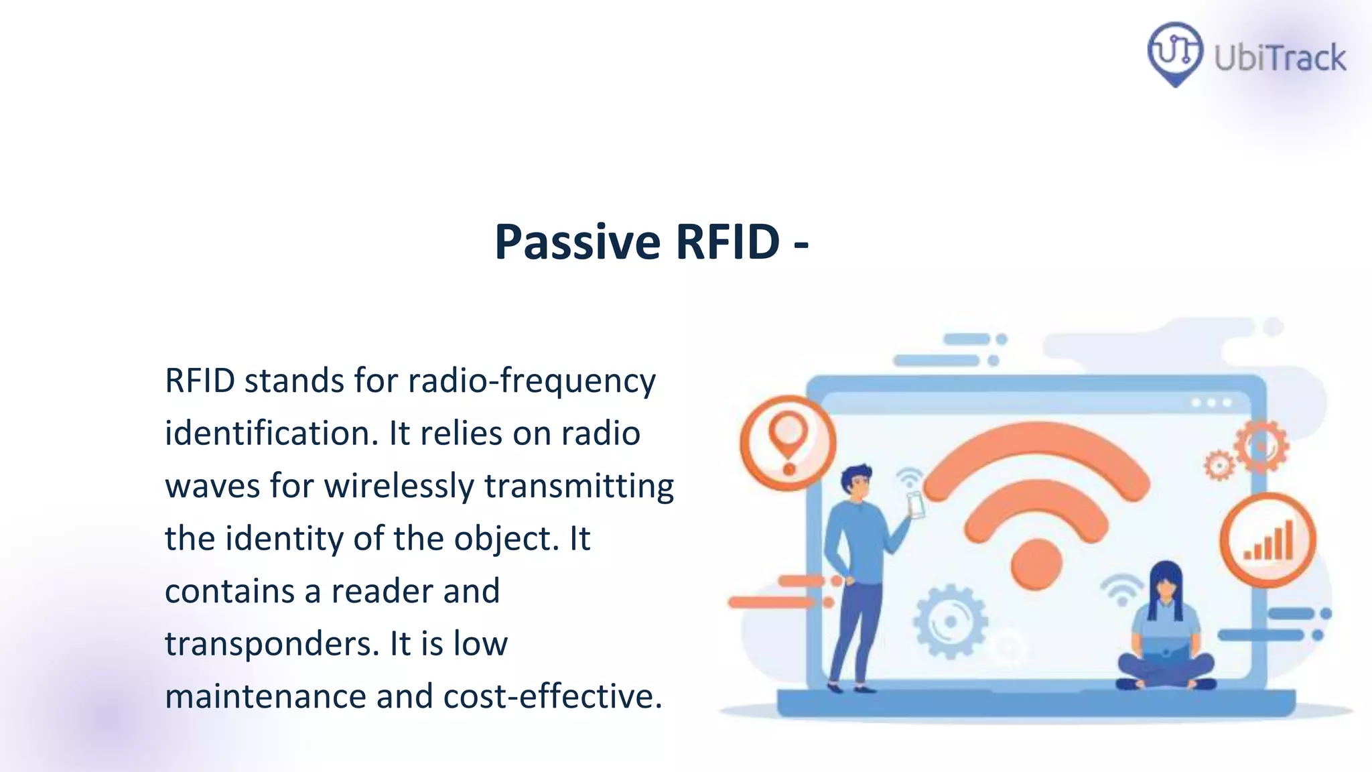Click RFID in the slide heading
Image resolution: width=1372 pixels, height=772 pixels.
point(728,242)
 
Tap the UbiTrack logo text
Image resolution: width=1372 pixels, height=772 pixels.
point(1280,58)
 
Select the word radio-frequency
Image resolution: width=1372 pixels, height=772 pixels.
point(532,381)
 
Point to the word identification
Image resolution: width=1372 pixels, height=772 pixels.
point(271,433)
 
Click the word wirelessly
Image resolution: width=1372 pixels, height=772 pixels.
point(399,486)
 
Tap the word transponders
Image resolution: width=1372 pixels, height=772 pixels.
point(271,643)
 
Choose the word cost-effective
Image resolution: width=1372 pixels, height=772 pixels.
point(552,696)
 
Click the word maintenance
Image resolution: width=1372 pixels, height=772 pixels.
point(265,696)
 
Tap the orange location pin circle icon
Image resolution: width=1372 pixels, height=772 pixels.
point(788,443)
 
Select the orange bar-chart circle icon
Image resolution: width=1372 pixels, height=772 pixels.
point(1267,540)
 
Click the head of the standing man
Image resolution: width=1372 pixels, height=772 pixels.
point(856,481)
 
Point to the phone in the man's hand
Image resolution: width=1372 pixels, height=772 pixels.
point(915,504)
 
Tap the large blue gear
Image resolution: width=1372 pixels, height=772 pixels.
point(950,621)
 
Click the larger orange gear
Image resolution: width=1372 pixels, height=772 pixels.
point(1261,446)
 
